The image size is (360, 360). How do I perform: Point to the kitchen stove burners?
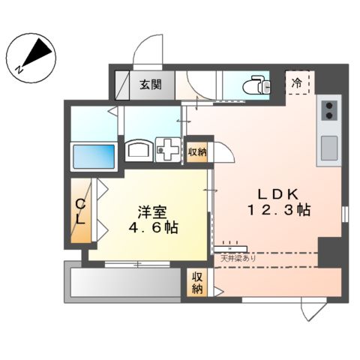(x=328, y=111)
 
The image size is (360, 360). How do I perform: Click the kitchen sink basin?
(x=329, y=148)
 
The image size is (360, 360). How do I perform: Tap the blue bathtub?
(x=93, y=157)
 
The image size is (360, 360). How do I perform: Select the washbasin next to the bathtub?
(x=139, y=151)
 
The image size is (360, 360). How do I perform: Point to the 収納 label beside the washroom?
(x=197, y=151)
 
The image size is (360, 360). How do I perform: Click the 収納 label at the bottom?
(x=197, y=283)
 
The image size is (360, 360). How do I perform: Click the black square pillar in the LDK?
(x=328, y=250)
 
